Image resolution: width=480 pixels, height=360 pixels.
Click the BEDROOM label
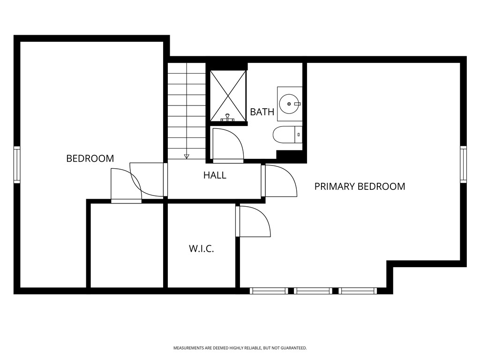click(x=90, y=158)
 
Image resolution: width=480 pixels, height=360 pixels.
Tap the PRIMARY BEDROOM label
click(x=360, y=187)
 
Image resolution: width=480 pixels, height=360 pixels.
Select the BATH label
click(x=262, y=112)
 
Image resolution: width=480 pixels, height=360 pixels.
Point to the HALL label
click(x=215, y=175)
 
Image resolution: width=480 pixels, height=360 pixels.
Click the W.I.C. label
click(x=202, y=249)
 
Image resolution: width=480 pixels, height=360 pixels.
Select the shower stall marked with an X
click(x=228, y=96)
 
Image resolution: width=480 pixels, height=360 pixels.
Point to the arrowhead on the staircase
click(x=187, y=156)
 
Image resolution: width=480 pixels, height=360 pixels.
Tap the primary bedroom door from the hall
click(x=280, y=180)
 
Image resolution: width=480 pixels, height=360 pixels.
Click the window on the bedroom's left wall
click(x=17, y=164)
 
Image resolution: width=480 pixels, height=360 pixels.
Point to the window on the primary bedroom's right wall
click(x=463, y=164)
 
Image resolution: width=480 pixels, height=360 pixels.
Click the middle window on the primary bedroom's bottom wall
click(x=313, y=291)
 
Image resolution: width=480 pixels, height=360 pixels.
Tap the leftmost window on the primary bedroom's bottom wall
click(x=269, y=291)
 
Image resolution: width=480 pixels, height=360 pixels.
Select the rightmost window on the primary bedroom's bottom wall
click(x=358, y=291)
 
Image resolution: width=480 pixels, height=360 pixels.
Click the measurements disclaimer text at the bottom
click(x=240, y=348)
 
